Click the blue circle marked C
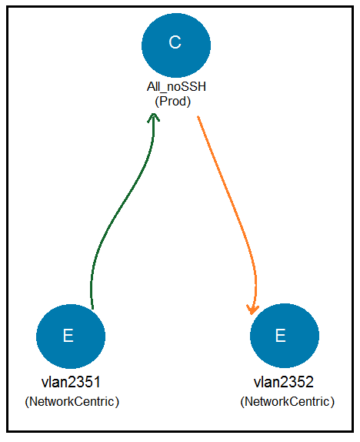[176, 45]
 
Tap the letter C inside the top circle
[175, 42]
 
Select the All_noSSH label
[176, 87]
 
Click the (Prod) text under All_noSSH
[172, 101]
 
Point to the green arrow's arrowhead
[154, 117]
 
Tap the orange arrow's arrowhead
[252, 310]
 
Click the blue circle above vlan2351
[71, 337]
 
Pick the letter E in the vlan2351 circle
[68, 336]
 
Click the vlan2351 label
[71, 382]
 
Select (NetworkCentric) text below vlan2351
[72, 401]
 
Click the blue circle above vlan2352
[285, 336]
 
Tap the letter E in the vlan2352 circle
[281, 336]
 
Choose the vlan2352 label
[284, 382]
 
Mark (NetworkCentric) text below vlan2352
[288, 401]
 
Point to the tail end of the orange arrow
[198, 116]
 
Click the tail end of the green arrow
[92, 309]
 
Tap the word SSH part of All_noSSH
[195, 87]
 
